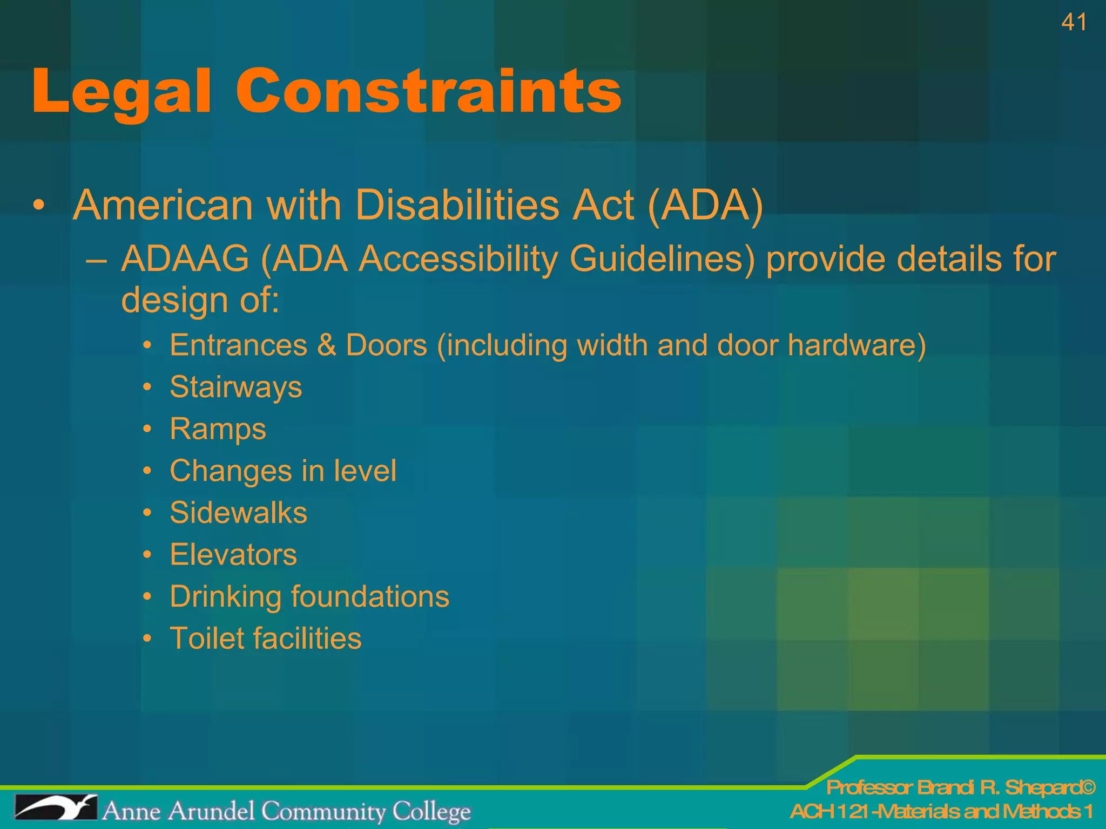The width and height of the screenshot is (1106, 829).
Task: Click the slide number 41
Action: point(1074,23)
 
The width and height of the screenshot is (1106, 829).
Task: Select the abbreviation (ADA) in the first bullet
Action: point(705,206)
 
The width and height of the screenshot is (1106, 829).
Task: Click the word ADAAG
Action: point(185,259)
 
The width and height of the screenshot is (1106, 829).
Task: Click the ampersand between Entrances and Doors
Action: point(327,345)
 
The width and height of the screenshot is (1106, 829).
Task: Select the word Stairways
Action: point(236,388)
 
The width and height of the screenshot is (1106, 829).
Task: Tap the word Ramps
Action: point(218,429)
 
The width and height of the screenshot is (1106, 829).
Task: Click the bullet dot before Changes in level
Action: point(147,471)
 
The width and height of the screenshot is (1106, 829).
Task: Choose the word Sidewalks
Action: point(238,513)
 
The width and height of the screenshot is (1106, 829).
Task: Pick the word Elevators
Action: point(233,555)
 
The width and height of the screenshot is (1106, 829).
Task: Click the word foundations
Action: point(370,597)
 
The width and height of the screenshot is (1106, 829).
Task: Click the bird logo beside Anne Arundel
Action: point(56,807)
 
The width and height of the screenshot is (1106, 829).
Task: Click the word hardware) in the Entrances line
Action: point(857,345)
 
